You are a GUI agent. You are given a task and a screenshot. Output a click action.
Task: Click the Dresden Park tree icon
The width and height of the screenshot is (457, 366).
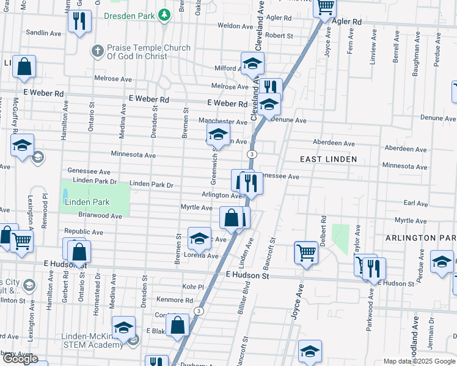click(x=164, y=15)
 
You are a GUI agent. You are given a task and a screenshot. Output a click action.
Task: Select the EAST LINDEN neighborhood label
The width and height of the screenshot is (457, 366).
click(x=328, y=159)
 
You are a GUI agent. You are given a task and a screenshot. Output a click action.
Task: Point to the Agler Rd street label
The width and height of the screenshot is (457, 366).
click(x=347, y=21)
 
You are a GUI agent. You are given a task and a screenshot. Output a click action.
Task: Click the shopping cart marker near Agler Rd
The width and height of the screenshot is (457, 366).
click(x=324, y=7)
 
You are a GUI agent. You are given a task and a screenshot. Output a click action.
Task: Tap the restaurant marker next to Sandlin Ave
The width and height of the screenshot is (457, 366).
click(x=79, y=23)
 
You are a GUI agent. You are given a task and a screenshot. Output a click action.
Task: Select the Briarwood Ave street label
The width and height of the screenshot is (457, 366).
click(x=100, y=216)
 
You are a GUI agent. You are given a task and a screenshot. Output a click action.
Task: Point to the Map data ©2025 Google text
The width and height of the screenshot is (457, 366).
click(x=419, y=361)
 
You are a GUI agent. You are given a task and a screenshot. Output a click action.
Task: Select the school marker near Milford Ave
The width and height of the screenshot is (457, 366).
click(x=252, y=63)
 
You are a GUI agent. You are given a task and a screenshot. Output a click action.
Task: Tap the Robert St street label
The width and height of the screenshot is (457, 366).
click(x=280, y=36)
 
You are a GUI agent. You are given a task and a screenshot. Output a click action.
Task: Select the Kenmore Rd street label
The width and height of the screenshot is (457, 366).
click(x=175, y=300)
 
